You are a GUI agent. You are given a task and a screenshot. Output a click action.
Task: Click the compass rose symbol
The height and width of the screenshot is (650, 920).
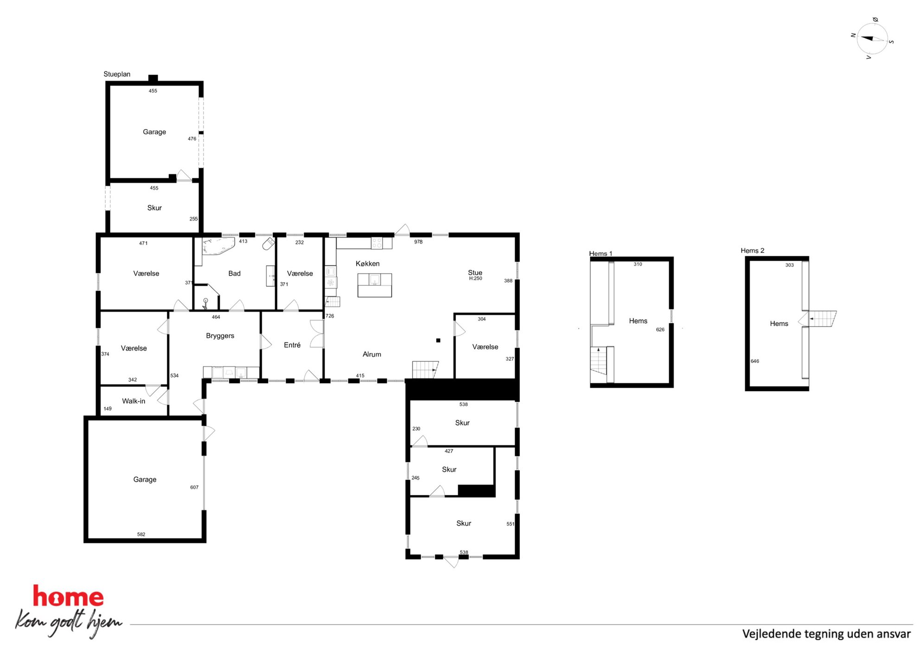872,39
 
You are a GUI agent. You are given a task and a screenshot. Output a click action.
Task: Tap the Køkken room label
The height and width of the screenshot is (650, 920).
367,264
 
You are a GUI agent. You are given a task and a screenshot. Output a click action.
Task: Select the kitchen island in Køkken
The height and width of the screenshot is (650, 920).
374,285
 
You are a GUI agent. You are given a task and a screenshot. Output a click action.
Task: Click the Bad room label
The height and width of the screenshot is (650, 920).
234,273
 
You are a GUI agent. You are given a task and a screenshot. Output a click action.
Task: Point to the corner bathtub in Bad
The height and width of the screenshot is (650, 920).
217,246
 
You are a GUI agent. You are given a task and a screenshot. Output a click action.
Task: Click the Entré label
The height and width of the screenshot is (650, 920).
292,345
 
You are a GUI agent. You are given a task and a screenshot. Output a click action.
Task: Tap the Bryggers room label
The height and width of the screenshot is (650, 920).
220,336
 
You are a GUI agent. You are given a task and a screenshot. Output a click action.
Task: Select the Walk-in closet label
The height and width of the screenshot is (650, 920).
134,401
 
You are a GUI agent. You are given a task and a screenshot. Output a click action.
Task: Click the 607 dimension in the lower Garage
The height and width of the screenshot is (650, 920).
194,487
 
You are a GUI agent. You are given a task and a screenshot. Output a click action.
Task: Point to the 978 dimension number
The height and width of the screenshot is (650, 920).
418,242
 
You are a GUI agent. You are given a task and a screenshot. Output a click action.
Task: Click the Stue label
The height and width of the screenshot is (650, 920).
475,272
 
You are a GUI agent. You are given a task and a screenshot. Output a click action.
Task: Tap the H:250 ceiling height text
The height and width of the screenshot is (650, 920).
475,278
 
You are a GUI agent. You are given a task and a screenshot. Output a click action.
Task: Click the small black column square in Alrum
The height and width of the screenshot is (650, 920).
438,341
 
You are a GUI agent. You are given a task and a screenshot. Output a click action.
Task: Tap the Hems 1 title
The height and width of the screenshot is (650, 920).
601,253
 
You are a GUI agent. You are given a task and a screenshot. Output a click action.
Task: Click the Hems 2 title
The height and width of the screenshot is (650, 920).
752,251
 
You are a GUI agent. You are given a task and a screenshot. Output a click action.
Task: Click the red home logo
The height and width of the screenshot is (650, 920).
68,596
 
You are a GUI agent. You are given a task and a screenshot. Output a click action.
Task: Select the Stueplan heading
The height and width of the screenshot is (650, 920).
117,74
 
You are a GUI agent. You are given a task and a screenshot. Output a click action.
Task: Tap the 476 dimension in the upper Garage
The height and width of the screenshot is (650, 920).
192,139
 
